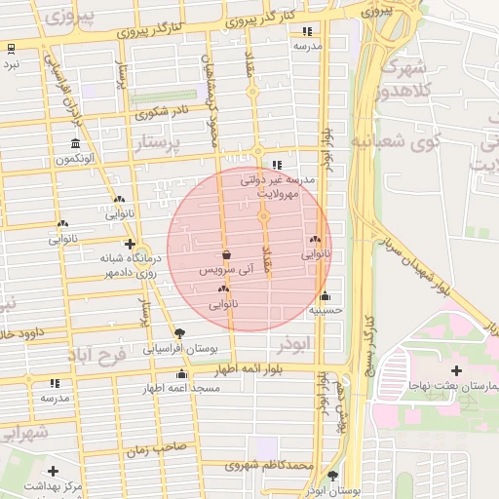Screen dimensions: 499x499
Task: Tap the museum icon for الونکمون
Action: [75, 144]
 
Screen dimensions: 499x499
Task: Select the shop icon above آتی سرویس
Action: [227, 254]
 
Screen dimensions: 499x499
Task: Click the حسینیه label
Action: [325, 311]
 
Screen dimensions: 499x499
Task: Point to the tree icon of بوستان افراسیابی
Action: [179, 332]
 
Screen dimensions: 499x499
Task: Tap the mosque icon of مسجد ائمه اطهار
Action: [180, 374]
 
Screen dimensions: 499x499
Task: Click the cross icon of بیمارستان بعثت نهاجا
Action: [457, 370]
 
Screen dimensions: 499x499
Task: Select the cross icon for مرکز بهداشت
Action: [53, 471]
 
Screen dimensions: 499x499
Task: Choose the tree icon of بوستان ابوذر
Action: [334, 476]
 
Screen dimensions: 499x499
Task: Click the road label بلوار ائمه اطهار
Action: [262, 371]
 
